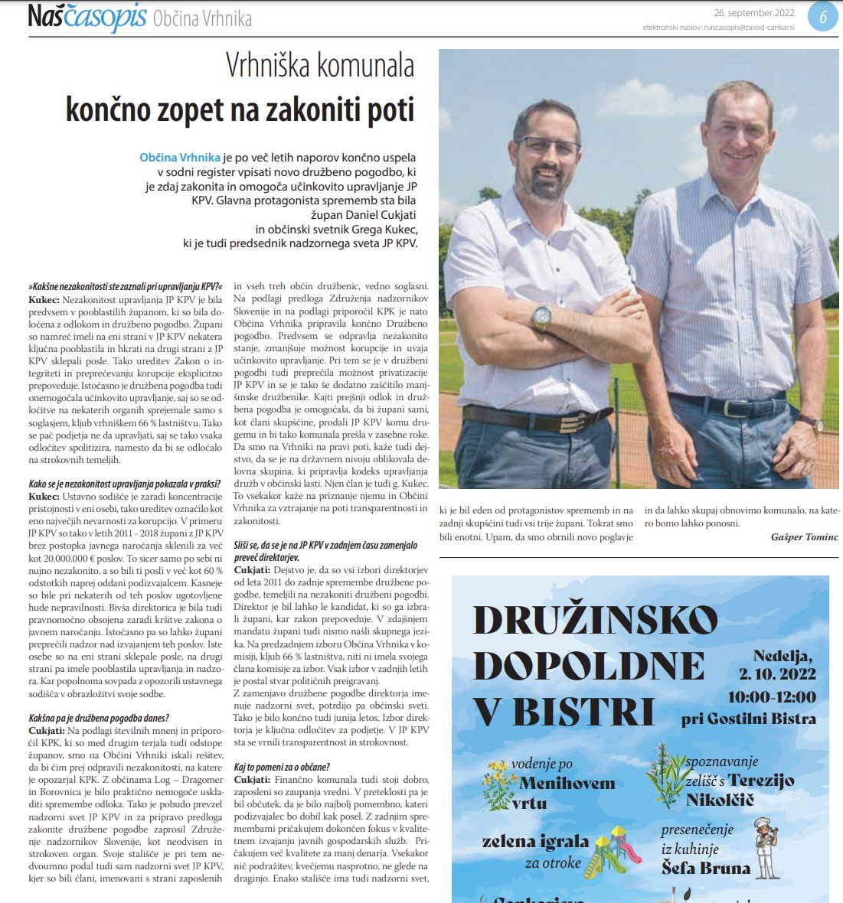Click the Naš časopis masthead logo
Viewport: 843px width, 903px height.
(x=86, y=17)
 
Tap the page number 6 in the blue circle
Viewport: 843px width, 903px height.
(x=823, y=17)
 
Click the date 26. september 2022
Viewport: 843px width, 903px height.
(x=753, y=13)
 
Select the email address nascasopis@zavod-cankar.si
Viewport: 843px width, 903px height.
(x=749, y=28)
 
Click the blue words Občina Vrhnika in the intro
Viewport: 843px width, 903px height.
(x=179, y=158)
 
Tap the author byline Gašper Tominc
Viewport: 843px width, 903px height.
(x=804, y=537)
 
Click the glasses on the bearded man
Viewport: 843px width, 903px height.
(x=547, y=146)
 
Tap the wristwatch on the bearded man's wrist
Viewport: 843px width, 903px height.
(x=542, y=315)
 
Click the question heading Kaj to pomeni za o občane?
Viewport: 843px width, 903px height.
(x=282, y=767)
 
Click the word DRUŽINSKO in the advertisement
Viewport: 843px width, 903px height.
(x=596, y=621)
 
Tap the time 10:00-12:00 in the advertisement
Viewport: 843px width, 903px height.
(x=771, y=697)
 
